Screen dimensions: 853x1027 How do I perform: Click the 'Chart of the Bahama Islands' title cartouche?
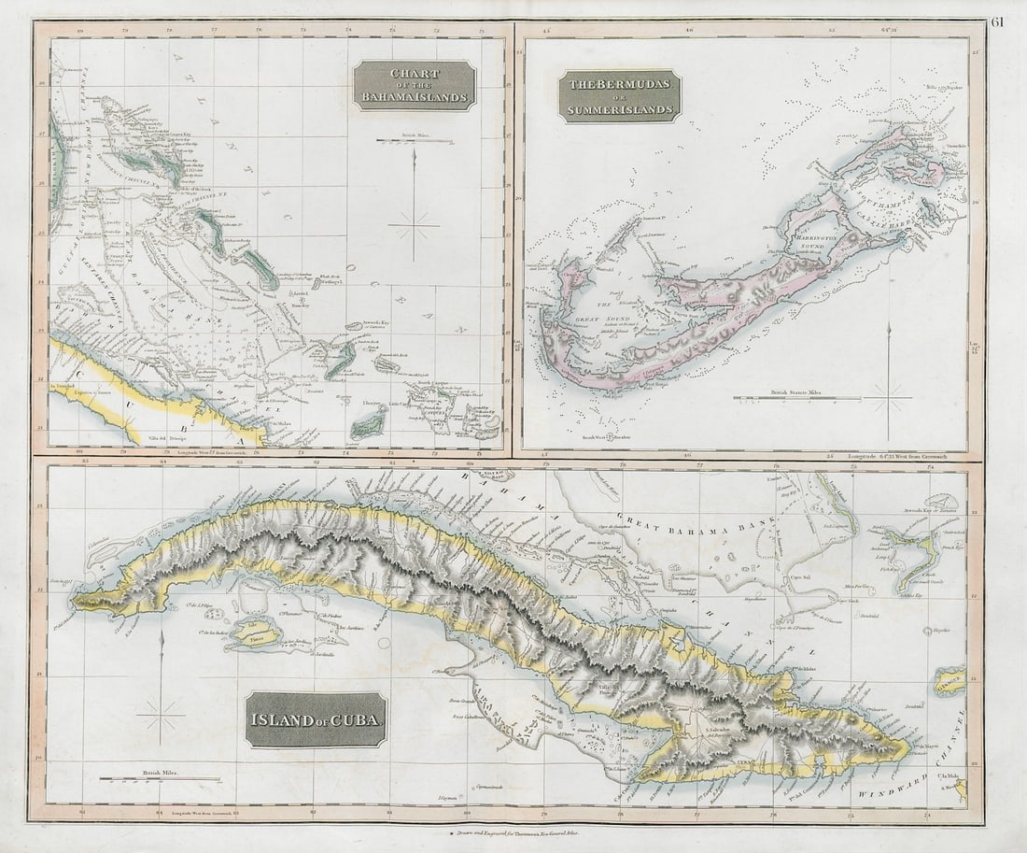tap(415, 85)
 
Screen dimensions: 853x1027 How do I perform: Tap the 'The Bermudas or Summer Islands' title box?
tap(620, 97)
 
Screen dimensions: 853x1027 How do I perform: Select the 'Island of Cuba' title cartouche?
tap(316, 719)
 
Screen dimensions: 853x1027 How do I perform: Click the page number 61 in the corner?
tap(999, 22)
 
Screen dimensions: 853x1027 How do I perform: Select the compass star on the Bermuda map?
tap(888, 399)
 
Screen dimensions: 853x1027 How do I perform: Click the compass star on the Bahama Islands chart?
tap(414, 224)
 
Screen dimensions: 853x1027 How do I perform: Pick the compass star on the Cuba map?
tap(161, 717)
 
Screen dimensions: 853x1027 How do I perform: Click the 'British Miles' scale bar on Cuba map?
tap(160, 778)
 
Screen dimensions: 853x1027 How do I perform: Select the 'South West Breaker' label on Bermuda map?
tap(608, 436)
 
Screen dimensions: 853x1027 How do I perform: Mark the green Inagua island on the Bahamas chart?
tap(369, 425)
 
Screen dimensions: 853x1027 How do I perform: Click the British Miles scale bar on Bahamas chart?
tap(415, 141)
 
